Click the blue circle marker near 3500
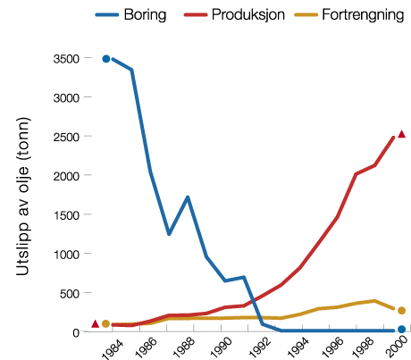105,59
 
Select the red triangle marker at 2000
402,134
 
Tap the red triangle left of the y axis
95,323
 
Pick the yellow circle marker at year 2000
402,310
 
